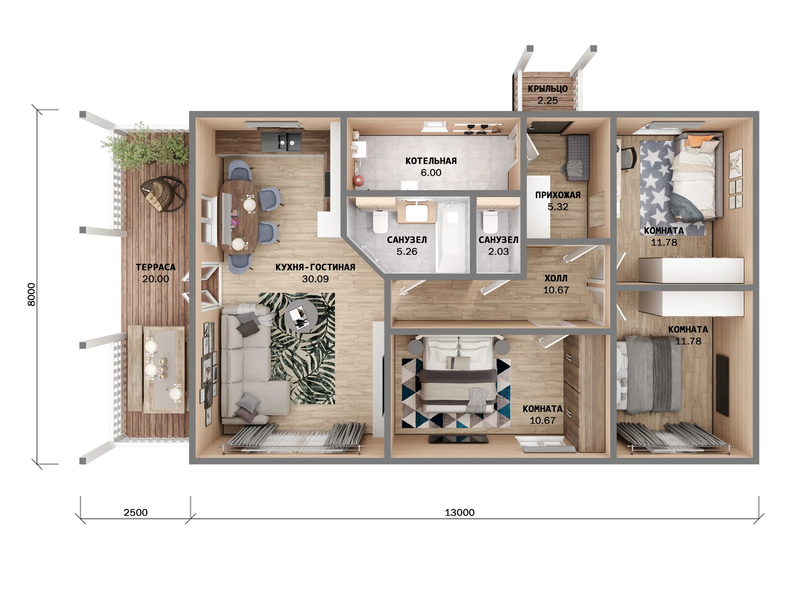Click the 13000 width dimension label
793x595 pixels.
click(460, 512)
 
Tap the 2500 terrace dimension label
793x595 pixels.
click(136, 512)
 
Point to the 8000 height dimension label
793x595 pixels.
click(31, 294)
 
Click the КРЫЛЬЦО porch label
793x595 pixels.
click(548, 88)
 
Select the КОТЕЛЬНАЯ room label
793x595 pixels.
click(431, 161)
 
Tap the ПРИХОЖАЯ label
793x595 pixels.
click(558, 195)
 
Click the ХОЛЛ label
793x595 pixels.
click(556, 278)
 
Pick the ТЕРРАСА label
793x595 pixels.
click(156, 267)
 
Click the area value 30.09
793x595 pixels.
click(315, 279)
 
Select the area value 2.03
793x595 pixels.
click(498, 251)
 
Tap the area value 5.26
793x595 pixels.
click(407, 251)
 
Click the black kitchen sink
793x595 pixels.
click(282, 141)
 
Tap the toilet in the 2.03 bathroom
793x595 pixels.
click(490, 222)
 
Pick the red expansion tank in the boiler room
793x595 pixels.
click(358, 181)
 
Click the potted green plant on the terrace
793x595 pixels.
click(145, 147)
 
